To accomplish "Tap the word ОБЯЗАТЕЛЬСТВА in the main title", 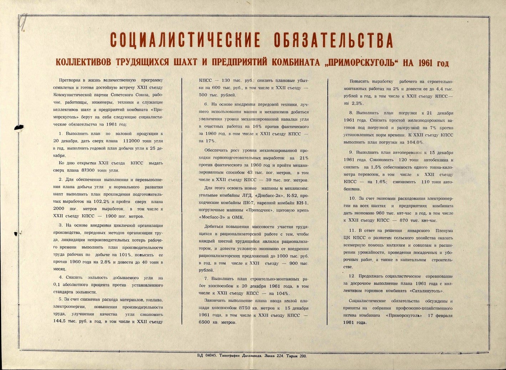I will pyautogui.click(x=333, y=40).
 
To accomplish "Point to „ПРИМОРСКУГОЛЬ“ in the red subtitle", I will pyautogui.click(x=362, y=63).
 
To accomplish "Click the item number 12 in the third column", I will pyautogui.click(x=352, y=276).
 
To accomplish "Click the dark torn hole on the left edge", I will pyautogui.click(x=18, y=127).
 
